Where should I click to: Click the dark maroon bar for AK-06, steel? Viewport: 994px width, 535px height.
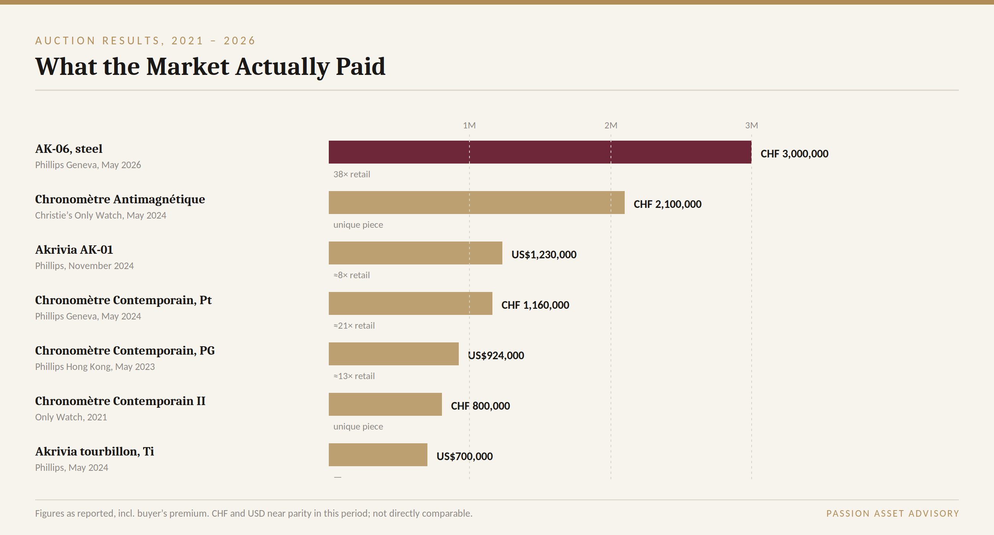tap(540, 152)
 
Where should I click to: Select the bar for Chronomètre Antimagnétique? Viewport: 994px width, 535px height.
tap(477, 203)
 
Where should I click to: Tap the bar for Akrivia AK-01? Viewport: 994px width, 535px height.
tap(416, 253)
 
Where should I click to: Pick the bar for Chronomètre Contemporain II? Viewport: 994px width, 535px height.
tap(385, 404)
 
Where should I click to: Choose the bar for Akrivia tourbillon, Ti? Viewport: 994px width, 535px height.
tap(378, 455)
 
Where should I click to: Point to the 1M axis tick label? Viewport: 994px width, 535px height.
tap(469, 125)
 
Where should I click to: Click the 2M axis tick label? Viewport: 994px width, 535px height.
tap(611, 125)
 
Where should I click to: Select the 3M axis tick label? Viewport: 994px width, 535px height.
tap(752, 125)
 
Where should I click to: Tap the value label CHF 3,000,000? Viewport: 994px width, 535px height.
tap(794, 154)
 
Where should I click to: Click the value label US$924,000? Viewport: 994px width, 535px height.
tap(496, 355)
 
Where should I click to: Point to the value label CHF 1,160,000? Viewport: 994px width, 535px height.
tap(535, 305)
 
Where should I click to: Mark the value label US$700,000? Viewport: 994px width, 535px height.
tap(465, 456)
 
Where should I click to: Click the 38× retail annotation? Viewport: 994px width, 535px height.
tap(351, 174)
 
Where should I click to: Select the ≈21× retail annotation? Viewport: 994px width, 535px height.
tap(354, 326)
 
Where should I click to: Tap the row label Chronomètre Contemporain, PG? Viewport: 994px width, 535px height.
tap(125, 351)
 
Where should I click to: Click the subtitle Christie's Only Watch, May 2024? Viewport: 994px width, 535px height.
tap(101, 215)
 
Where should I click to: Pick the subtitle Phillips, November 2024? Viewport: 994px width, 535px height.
tap(84, 266)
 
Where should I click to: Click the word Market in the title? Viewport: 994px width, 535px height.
tap(188, 66)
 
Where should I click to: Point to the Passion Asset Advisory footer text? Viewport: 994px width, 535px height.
tap(893, 513)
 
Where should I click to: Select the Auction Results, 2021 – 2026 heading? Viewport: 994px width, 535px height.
tap(146, 41)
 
